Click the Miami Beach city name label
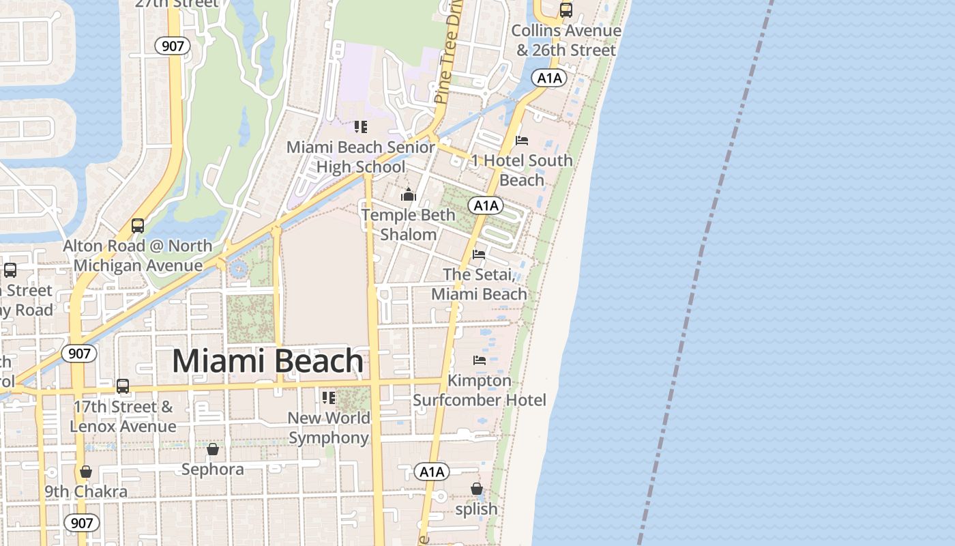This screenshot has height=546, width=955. pos(267,361)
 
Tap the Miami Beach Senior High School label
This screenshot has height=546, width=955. pos(360,157)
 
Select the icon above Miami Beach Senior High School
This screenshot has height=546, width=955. pos(360,127)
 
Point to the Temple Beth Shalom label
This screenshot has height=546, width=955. pos(408,225)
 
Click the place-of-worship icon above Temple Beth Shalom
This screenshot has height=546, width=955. pos(408,195)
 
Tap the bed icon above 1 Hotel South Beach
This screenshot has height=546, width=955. pos(522,141)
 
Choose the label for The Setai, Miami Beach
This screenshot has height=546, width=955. pos(479,284)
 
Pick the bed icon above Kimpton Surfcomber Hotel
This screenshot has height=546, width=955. pos(480,360)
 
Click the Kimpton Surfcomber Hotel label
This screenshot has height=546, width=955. pos(480,390)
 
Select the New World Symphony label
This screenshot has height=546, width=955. pos(329,427)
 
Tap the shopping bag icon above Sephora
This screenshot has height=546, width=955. pos(213,449)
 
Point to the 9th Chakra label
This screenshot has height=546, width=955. pos(86,491)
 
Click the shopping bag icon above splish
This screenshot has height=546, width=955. pos(477,489)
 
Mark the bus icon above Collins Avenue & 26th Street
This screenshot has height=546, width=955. pos(565,10)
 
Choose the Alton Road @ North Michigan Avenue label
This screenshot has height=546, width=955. pos(138,255)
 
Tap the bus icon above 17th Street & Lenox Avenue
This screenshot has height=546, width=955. pos(123,386)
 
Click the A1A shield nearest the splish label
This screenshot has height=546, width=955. pos(432,472)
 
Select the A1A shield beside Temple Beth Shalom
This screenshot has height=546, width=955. pos(486,205)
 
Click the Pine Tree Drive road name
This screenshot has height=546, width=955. pos(449,51)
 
